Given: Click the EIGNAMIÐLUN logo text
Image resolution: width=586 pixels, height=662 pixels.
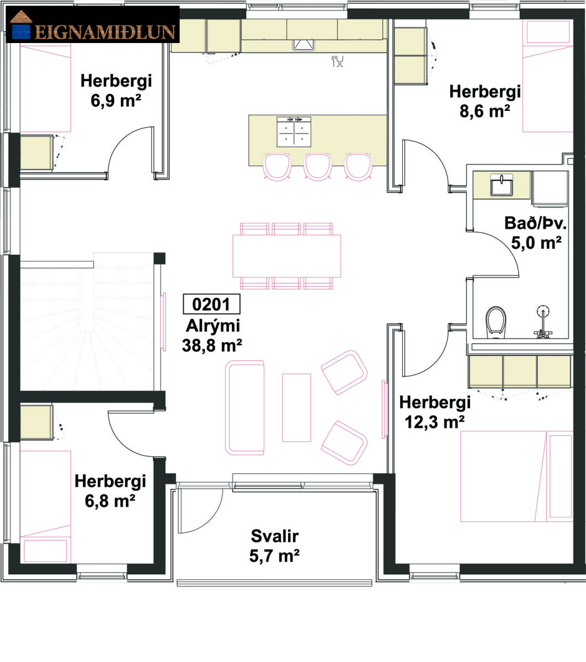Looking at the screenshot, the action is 105,33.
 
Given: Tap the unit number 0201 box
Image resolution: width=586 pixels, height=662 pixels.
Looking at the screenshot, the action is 211,304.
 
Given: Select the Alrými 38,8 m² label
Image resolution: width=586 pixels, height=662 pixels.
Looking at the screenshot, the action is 212,335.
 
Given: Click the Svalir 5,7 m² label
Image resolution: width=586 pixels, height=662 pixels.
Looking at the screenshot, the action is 275,546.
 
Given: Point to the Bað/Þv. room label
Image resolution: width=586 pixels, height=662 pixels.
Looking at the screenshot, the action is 536,223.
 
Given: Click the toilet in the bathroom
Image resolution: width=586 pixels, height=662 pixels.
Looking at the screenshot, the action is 496,322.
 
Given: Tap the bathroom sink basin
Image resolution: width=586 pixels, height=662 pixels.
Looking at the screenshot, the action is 502,185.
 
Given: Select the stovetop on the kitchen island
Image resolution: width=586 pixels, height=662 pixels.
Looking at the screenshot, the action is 294,132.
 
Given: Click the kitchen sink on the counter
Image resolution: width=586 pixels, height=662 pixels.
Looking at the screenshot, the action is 303,45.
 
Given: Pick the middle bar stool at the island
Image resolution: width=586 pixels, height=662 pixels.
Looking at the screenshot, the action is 318,167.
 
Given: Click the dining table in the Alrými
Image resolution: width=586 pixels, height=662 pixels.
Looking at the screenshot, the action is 286,256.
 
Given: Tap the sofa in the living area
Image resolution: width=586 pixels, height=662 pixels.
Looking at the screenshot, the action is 245,408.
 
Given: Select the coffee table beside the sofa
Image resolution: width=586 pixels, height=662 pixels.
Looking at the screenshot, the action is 296,408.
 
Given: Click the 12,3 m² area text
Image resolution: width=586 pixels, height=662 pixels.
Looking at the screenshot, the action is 435,422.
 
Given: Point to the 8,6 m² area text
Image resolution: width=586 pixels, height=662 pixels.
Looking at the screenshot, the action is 484,111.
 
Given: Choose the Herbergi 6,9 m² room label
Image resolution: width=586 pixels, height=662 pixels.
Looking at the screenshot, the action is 116,90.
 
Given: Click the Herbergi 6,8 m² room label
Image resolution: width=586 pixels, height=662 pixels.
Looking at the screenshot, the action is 110,491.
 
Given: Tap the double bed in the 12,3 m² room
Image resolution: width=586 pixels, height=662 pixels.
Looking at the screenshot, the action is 516,476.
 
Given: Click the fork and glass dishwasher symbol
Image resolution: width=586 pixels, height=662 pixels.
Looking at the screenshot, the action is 338,61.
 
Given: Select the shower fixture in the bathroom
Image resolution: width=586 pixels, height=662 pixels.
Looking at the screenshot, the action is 543,321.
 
